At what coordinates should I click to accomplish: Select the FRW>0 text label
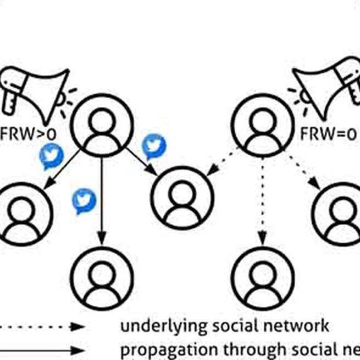coord(27,133)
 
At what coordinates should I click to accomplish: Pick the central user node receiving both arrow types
coord(182,197)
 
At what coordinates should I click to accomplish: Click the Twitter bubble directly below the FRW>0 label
coord(52,157)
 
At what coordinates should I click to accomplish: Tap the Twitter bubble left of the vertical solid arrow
coord(84,201)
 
